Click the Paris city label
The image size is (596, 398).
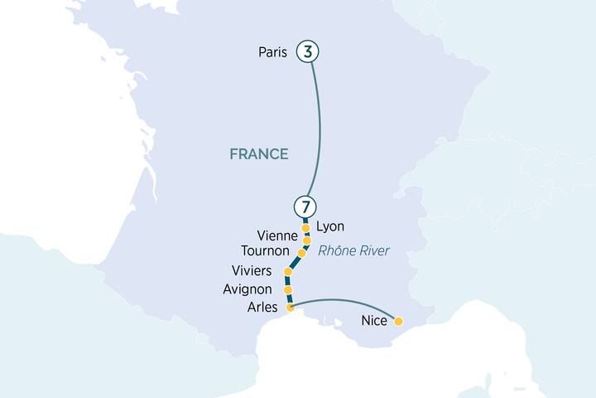(272, 52)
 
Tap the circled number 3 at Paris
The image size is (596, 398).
(308, 52)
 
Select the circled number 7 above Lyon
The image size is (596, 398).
(305, 206)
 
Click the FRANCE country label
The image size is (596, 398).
(259, 153)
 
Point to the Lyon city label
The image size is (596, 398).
(330, 226)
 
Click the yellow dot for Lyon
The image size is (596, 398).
(305, 227)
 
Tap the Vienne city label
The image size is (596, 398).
(277, 236)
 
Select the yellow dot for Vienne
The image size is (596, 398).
(307, 240)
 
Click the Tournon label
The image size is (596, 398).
(265, 251)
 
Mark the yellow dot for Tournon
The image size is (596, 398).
(301, 253)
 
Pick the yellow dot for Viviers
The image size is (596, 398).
(288, 272)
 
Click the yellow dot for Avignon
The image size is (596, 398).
(287, 290)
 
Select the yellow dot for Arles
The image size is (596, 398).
(290, 308)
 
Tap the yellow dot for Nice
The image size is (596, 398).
(399, 321)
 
